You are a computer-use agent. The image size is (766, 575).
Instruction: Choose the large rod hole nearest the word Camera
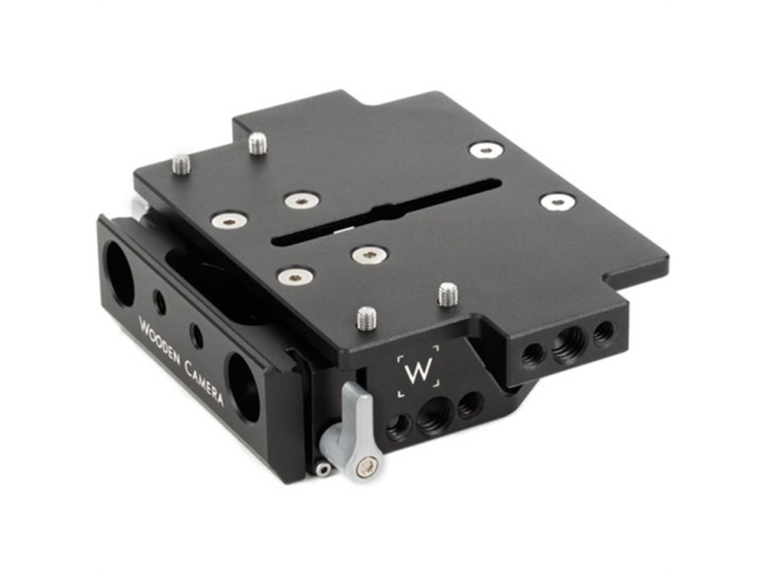pos(244,386)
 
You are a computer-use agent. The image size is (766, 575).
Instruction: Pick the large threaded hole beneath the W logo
pos(434,417)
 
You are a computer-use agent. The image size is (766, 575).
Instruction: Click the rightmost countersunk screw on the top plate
pos(557,202)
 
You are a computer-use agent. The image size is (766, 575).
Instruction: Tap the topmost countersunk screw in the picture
pos(486,150)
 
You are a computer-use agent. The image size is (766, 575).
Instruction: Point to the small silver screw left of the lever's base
pos(323,468)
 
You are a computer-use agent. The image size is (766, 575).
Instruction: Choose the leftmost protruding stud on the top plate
pos(182,163)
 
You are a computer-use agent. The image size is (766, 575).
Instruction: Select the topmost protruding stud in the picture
pos(258,143)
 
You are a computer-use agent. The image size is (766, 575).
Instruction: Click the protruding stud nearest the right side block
pos(447,294)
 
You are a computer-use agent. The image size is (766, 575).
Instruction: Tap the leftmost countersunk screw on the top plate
pos(229,221)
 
